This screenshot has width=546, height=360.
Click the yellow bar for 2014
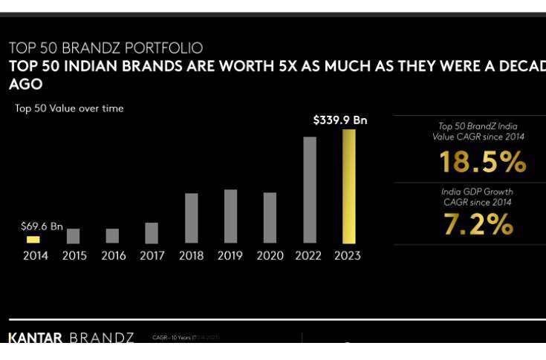click(33, 240)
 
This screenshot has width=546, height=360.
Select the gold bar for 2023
click(348, 186)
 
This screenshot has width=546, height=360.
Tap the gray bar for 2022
click(310, 190)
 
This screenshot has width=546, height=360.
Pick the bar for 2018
click(191, 218)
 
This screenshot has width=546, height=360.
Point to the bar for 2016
click(112, 236)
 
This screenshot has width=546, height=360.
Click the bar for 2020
click(270, 217)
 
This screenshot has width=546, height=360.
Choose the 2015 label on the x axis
click(74, 256)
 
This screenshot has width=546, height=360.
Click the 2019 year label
click(230, 256)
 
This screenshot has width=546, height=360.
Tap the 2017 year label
click(152, 256)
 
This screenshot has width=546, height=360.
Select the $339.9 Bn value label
click(340, 120)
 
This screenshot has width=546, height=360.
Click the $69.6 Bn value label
click(42, 226)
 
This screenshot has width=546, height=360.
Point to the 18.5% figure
click(482, 162)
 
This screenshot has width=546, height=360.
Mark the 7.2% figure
click(478, 224)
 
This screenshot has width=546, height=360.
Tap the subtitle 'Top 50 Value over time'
click(69, 108)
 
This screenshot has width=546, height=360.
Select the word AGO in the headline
click(25, 85)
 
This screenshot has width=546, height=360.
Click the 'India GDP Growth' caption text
click(477, 192)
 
